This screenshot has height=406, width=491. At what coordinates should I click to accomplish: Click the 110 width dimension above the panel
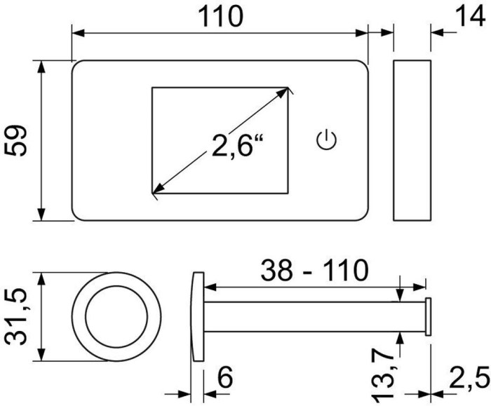click(x=221, y=17)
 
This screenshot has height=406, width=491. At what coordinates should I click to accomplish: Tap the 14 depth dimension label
click(x=470, y=15)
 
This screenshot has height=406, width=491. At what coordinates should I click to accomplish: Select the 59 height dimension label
click(x=15, y=140)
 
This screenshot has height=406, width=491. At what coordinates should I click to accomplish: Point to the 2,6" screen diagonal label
click(x=238, y=145)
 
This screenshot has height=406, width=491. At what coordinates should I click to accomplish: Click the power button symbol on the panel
click(x=327, y=140)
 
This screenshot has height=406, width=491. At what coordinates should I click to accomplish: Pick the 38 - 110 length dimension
click(x=314, y=270)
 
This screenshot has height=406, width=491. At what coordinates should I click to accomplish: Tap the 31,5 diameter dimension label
click(x=16, y=317)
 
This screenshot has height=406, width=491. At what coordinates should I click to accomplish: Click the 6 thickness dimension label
click(x=225, y=377)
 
